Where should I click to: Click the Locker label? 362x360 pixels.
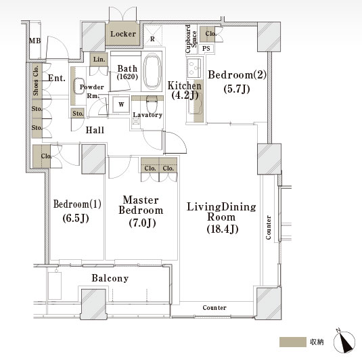click(x=123, y=34)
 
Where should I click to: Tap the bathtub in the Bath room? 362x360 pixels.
click(x=152, y=71)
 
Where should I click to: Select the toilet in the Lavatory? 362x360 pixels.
click(x=152, y=104)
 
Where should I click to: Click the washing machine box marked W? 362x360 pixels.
click(x=121, y=104)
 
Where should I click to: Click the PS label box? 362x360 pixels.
click(x=206, y=49)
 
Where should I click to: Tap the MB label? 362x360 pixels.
click(x=35, y=41)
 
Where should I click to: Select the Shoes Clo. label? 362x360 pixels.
click(x=36, y=81)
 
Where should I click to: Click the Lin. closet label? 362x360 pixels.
click(x=99, y=60)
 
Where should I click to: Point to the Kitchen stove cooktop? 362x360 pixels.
click(x=194, y=68)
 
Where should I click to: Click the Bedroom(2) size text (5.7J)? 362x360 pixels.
click(x=237, y=89)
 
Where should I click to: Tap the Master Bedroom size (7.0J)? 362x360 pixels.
click(x=142, y=223)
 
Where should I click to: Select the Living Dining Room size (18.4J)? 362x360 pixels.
click(x=223, y=229)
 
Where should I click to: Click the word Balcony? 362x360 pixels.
click(x=110, y=278)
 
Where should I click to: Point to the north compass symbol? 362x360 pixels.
click(x=344, y=341)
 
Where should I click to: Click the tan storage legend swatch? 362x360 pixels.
click(x=293, y=342)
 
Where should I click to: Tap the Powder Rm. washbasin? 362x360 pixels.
click(x=79, y=86)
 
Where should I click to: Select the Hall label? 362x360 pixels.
click(x=95, y=130)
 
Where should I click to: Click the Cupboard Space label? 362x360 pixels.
click(x=191, y=39)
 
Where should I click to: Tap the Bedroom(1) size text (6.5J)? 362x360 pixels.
click(x=76, y=219)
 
